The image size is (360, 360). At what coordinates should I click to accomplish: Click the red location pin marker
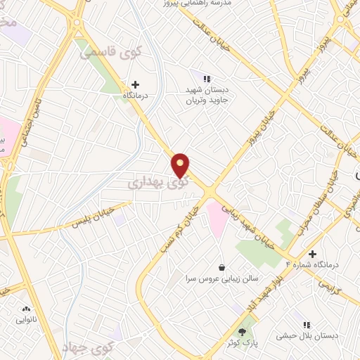181,165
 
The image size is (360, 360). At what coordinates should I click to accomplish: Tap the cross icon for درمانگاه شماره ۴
313,253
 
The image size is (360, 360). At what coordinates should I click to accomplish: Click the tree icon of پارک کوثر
244,330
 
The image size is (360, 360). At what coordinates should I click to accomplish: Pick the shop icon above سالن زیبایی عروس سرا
222,267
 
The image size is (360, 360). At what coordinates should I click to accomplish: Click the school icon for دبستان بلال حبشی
306,325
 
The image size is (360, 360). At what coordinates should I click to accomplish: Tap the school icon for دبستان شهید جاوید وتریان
207,79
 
